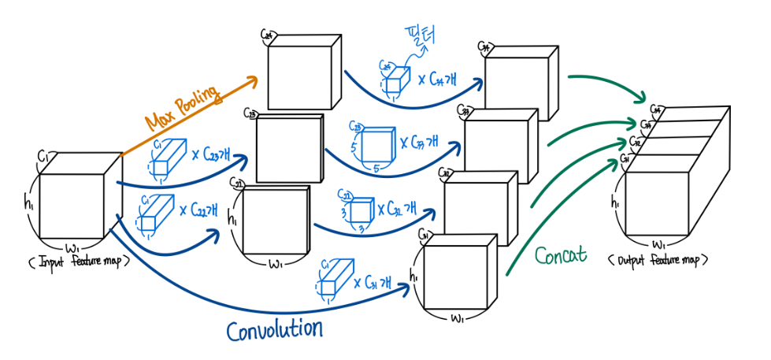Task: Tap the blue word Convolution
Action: pyautogui.click(x=274, y=327)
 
